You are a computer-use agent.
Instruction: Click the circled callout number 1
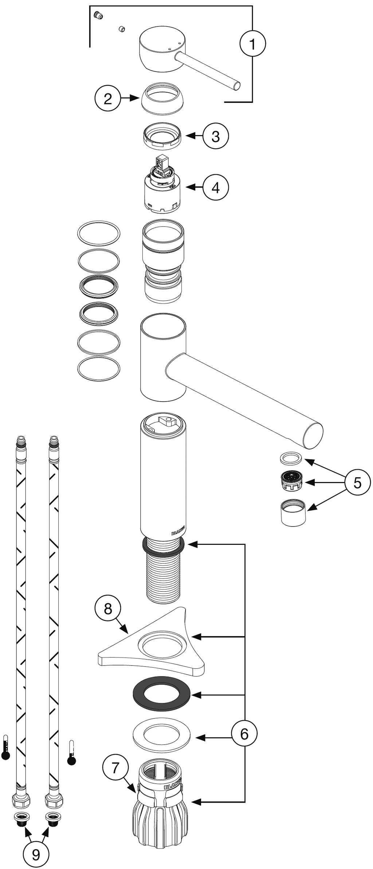252,44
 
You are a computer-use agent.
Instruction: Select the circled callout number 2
108,98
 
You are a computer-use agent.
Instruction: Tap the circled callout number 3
216,136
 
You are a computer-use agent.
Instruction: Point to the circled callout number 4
216,187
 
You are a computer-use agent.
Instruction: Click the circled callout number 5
357,482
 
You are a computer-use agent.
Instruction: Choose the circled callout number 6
244,734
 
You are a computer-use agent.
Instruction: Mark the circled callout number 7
115,768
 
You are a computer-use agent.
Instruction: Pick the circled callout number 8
108,609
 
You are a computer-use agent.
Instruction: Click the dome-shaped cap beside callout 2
162,98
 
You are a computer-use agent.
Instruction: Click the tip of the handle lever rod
237,86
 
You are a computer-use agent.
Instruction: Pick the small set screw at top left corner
98,15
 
